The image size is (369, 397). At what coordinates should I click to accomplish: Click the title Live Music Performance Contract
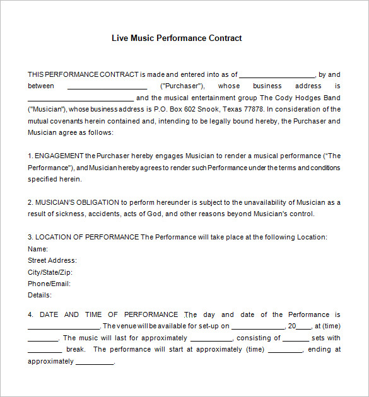pyautogui.click(x=177, y=38)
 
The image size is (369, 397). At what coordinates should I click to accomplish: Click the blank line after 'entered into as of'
pyautogui.click(x=277, y=75)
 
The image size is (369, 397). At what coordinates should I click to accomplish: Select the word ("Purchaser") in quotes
pyautogui.click(x=182, y=86)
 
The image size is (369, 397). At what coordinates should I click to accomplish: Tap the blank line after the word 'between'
pyautogui.click(x=107, y=87)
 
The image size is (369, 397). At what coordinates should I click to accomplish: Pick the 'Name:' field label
pyautogui.click(x=38, y=249)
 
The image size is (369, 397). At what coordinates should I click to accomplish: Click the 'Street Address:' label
pyautogui.click(x=52, y=260)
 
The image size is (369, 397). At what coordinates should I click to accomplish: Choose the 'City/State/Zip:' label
pyautogui.click(x=50, y=272)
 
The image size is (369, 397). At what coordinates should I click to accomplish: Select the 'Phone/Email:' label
pyautogui.click(x=49, y=284)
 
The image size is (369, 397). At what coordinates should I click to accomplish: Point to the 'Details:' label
pyautogui.click(x=40, y=295)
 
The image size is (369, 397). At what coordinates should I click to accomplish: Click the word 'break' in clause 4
pyautogui.click(x=75, y=350)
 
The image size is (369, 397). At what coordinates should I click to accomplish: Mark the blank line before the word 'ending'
pyautogui.click(x=285, y=350)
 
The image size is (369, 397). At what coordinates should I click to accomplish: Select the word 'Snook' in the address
pyautogui.click(x=209, y=110)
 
